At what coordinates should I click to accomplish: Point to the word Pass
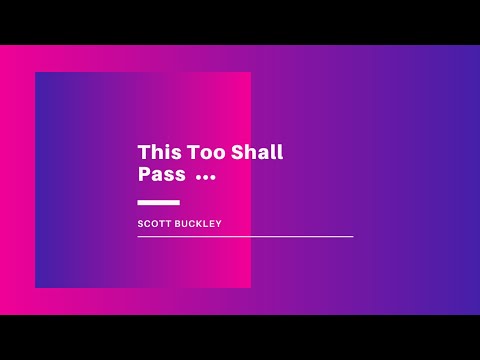click(162, 175)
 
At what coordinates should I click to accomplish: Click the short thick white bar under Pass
click(158, 203)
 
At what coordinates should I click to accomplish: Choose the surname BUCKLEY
click(199, 224)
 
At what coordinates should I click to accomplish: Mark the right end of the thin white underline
click(352, 237)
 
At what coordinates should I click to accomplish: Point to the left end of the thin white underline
click(139, 237)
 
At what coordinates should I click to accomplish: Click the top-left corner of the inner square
click(36, 73)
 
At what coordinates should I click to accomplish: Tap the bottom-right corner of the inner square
click(250, 287)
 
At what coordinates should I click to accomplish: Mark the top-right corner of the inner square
click(250, 73)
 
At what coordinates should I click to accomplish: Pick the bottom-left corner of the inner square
click(36, 287)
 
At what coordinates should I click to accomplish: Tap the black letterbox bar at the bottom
click(240, 337)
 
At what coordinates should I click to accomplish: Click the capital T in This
click(143, 153)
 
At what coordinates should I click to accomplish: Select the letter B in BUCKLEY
click(180, 224)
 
